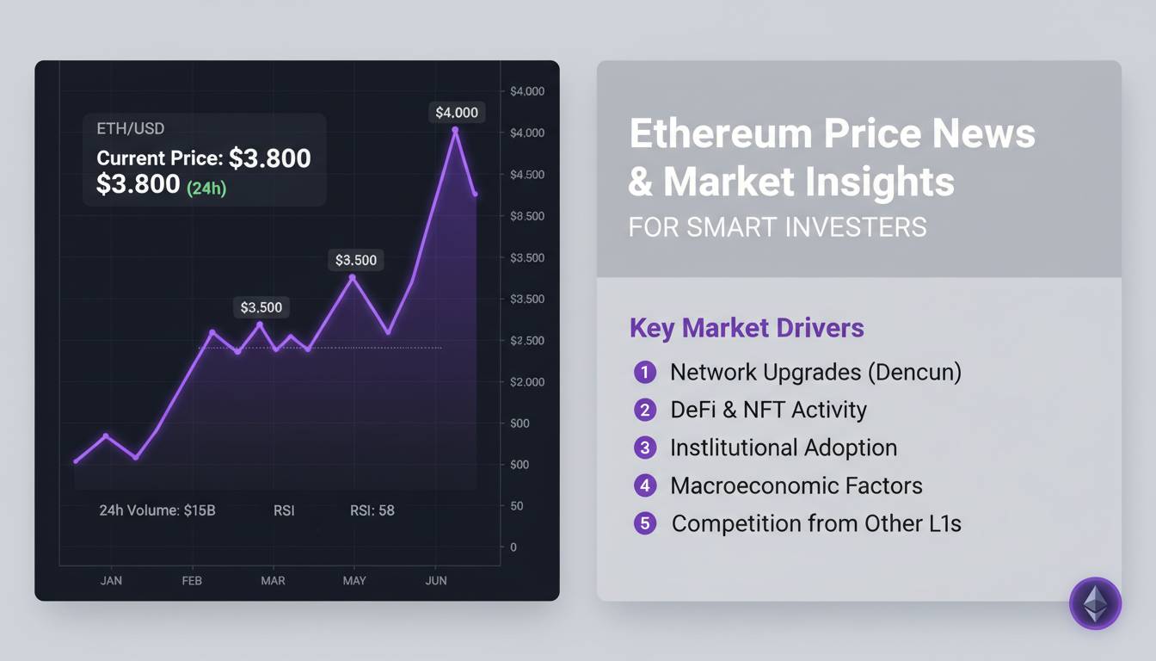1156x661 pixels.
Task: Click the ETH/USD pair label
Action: [x=131, y=129]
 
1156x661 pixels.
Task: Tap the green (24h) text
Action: [x=206, y=188]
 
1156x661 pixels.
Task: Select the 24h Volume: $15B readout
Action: [x=157, y=510]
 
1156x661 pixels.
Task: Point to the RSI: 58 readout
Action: [x=372, y=510]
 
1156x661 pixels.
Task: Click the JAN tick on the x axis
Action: [x=111, y=581]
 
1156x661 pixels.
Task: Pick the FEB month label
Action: [x=192, y=581]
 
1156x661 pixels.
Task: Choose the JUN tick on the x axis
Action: [x=436, y=581]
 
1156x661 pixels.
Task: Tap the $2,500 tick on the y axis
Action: [x=527, y=341]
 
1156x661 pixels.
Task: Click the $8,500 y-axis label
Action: [x=527, y=216]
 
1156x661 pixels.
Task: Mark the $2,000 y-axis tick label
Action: [x=527, y=382]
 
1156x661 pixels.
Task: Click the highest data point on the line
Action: [x=455, y=131]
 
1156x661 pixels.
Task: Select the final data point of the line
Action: [x=475, y=195]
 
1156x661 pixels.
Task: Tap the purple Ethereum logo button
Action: [x=1095, y=603]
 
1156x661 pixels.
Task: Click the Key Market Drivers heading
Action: [x=747, y=328]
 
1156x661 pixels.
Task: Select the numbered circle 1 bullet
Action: [x=645, y=372]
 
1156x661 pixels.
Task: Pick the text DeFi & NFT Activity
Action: [x=768, y=410]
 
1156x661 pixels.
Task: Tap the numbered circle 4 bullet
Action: [x=645, y=485]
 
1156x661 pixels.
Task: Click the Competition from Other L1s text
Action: [x=816, y=523]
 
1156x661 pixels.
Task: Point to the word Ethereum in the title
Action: [x=721, y=134]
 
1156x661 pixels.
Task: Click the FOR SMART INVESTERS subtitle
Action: [x=778, y=227]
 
